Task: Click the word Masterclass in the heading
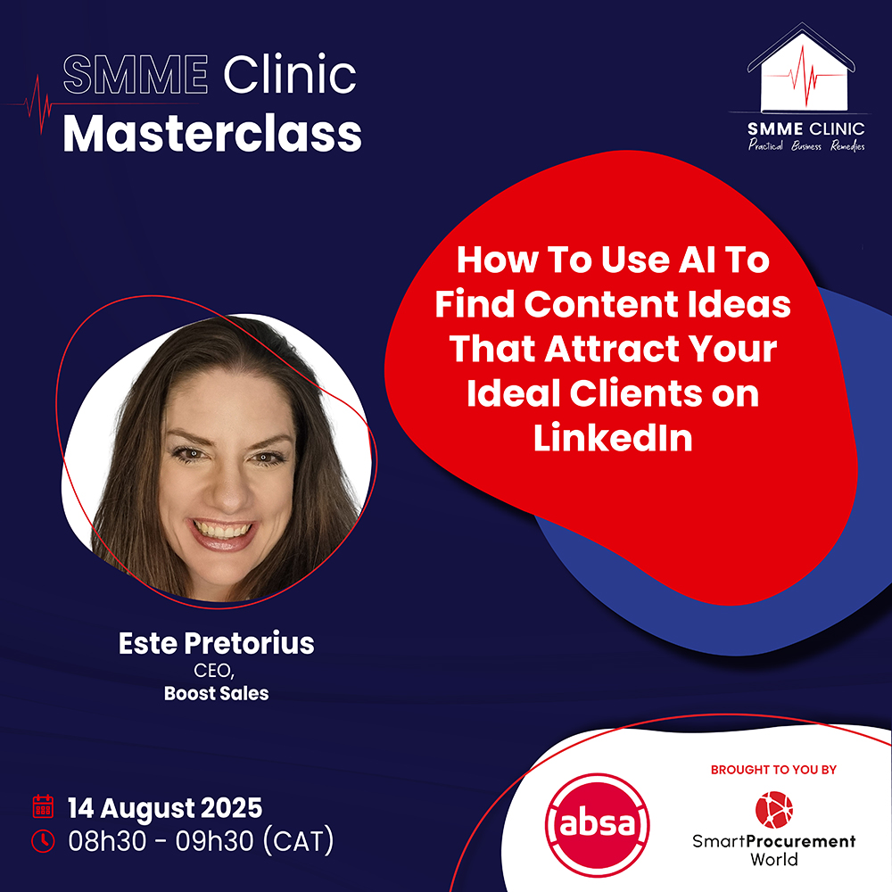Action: pyautogui.click(x=212, y=134)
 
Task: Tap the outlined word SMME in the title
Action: pyautogui.click(x=136, y=75)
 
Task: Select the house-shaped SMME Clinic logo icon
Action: pyautogui.click(x=801, y=67)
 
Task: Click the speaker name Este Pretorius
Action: pyautogui.click(x=216, y=643)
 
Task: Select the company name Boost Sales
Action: pyautogui.click(x=216, y=693)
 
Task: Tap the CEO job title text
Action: pyautogui.click(x=214, y=671)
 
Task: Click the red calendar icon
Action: pyautogui.click(x=43, y=806)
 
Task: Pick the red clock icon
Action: pyautogui.click(x=43, y=841)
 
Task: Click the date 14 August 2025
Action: pyautogui.click(x=165, y=808)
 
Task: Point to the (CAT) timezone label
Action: pyautogui.click(x=299, y=841)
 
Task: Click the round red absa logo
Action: pyautogui.click(x=597, y=824)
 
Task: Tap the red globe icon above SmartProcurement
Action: pyautogui.click(x=773, y=810)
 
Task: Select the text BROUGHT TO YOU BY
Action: pyautogui.click(x=773, y=770)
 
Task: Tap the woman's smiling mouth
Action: pyautogui.click(x=222, y=533)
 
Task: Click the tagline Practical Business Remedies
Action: pyautogui.click(x=806, y=145)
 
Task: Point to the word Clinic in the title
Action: pyautogui.click(x=290, y=75)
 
